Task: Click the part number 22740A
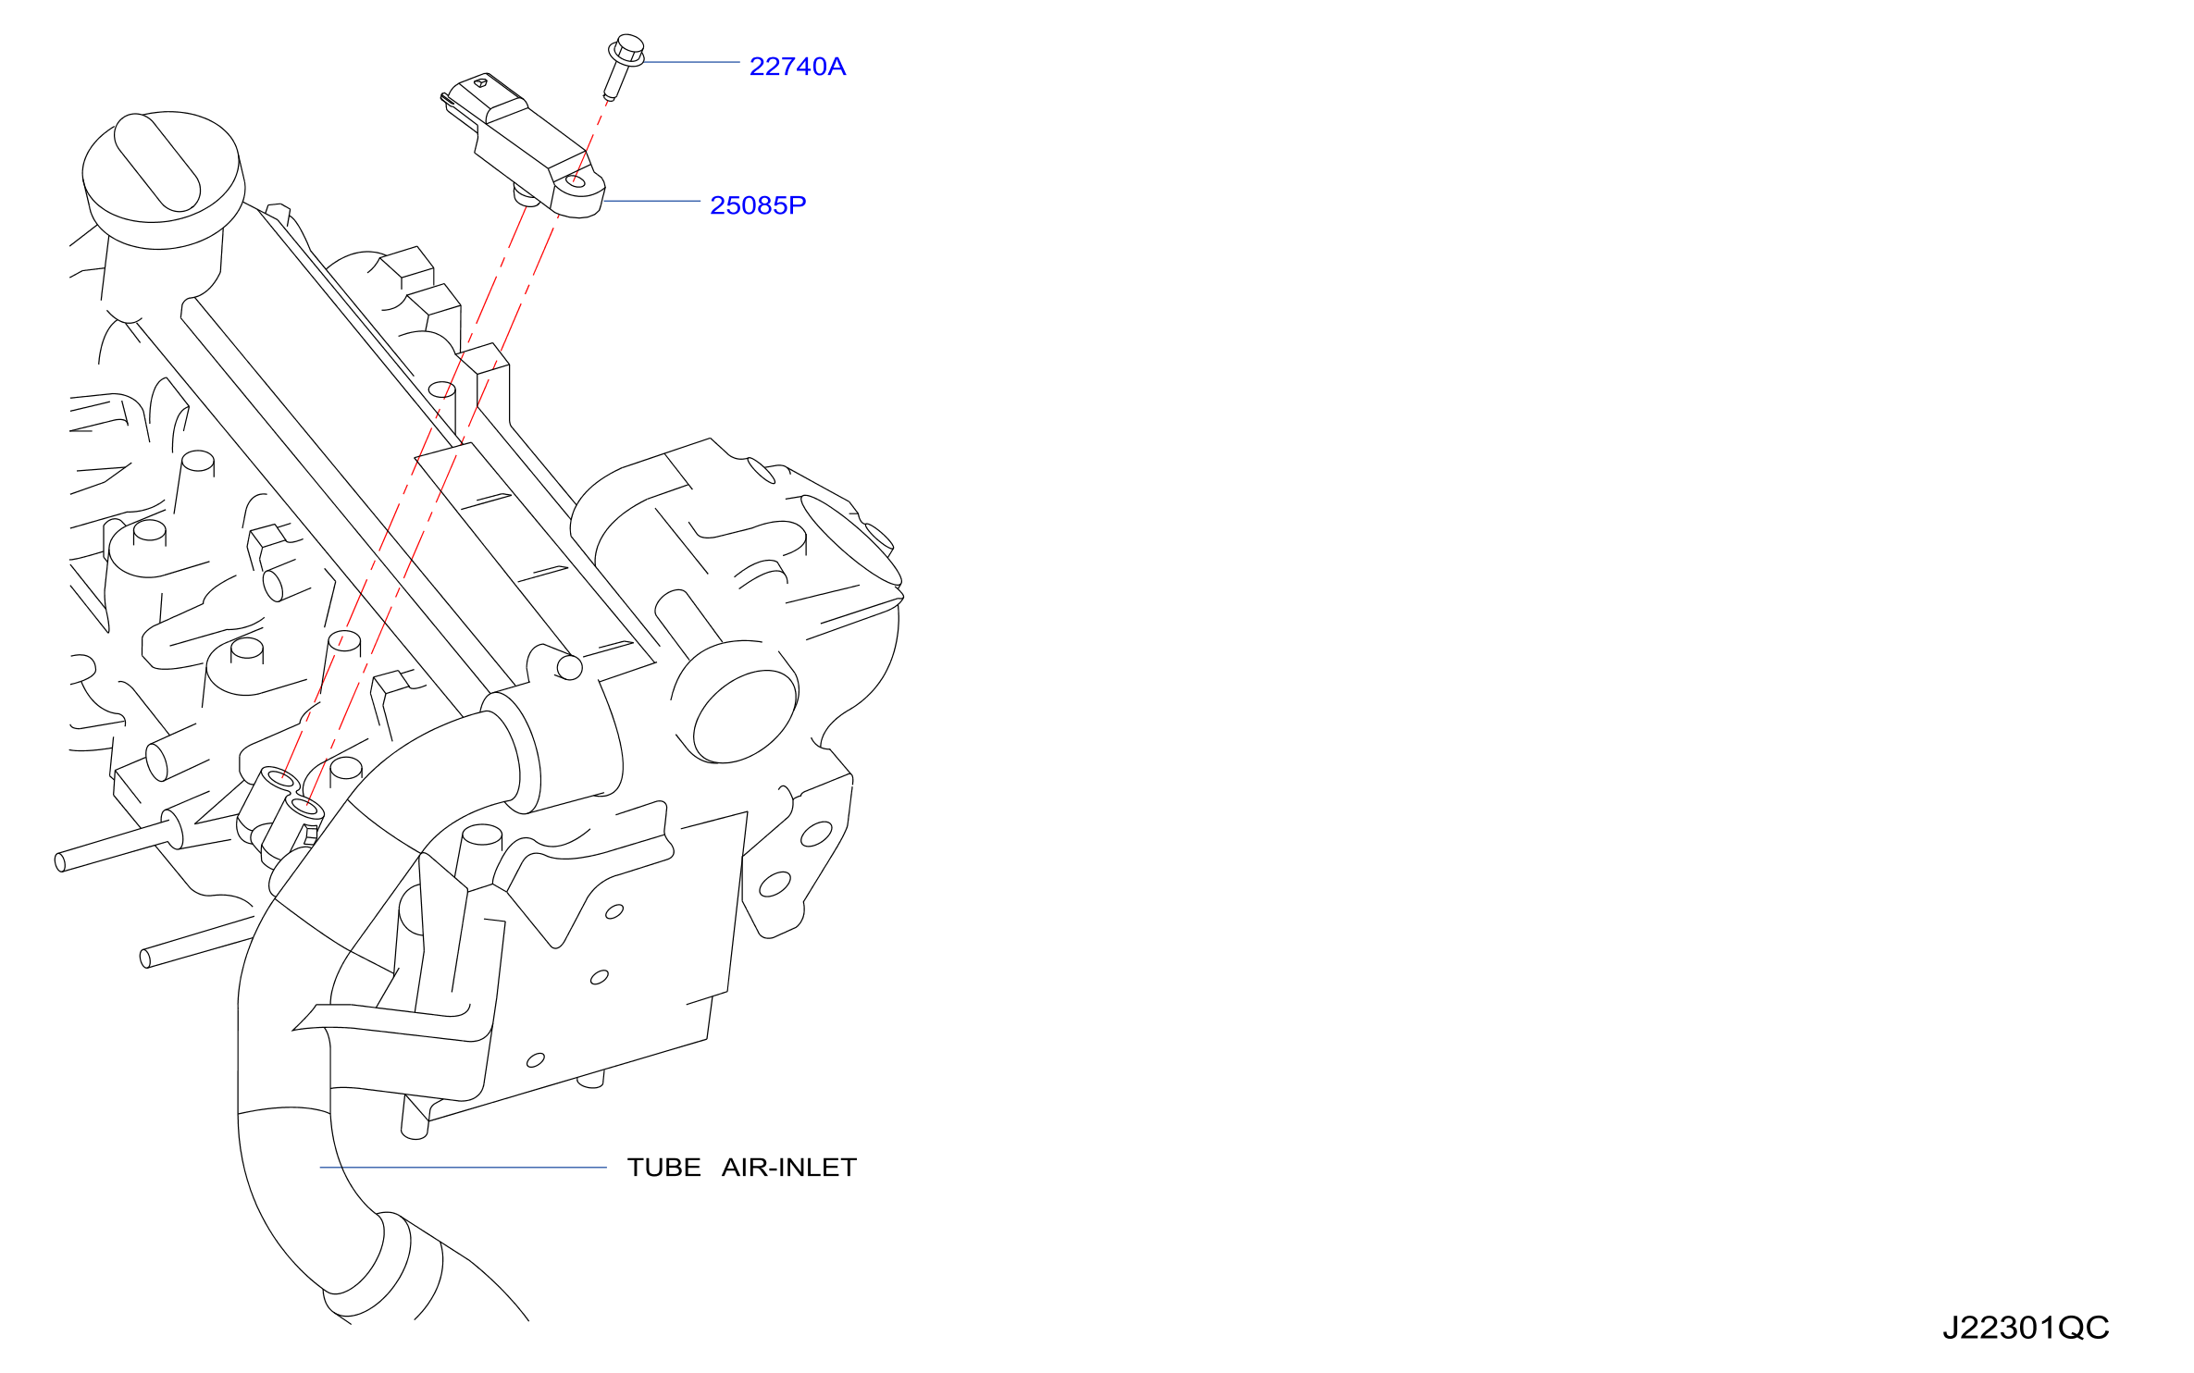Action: [797, 67]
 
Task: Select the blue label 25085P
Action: [758, 205]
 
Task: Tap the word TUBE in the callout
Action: [663, 1168]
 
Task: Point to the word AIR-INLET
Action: [789, 1168]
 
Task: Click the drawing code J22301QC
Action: [2026, 1329]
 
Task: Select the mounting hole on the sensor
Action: [576, 181]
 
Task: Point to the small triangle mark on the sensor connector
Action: [480, 82]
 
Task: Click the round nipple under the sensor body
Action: [527, 196]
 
